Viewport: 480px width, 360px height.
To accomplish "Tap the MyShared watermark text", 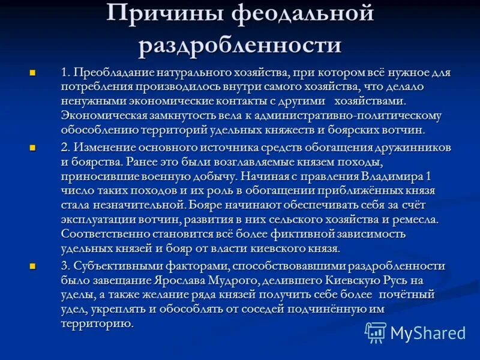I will (x=428, y=333).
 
